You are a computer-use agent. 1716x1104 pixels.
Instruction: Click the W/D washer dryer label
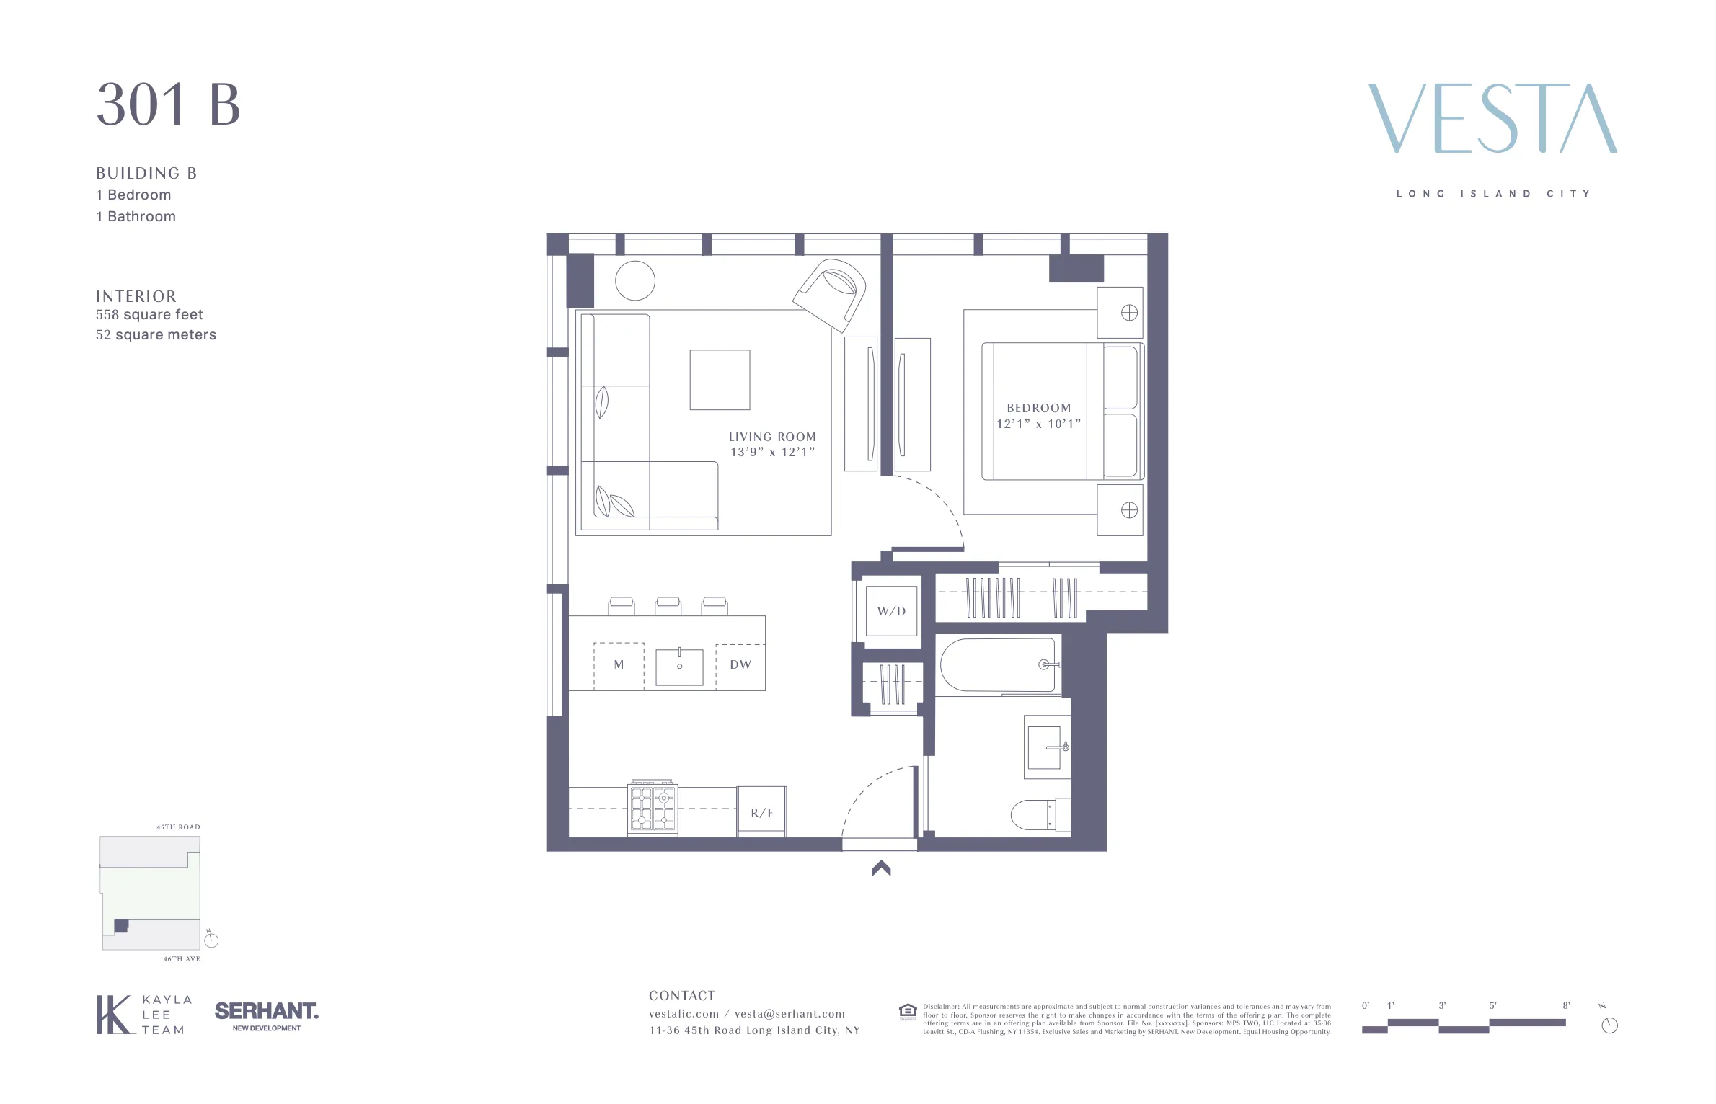891,611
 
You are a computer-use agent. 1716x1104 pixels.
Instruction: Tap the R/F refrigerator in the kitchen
761,812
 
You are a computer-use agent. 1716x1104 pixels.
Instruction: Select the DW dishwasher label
740,664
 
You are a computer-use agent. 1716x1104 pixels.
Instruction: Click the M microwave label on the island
619,664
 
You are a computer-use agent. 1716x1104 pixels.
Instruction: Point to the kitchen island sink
679,667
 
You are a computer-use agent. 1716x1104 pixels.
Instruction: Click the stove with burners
653,808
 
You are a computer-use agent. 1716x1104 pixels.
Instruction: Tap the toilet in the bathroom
1038,815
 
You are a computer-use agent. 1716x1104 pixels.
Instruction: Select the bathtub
998,664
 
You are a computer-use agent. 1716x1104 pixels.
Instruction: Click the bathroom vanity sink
1046,747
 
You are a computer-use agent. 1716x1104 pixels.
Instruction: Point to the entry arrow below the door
881,868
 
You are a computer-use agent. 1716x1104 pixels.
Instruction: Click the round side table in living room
635,280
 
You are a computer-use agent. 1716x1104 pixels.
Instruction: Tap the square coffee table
720,380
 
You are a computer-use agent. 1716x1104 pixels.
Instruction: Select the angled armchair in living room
831,295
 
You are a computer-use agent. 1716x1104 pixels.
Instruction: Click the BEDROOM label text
1039,408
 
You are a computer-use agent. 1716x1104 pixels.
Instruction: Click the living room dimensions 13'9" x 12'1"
772,453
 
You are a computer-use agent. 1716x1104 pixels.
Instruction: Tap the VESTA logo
1492,118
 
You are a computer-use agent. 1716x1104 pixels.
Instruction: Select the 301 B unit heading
168,104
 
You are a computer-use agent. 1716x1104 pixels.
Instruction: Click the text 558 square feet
149,315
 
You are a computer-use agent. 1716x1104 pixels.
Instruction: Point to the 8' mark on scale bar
1566,1005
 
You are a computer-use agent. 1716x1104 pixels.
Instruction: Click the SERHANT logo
266,1012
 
